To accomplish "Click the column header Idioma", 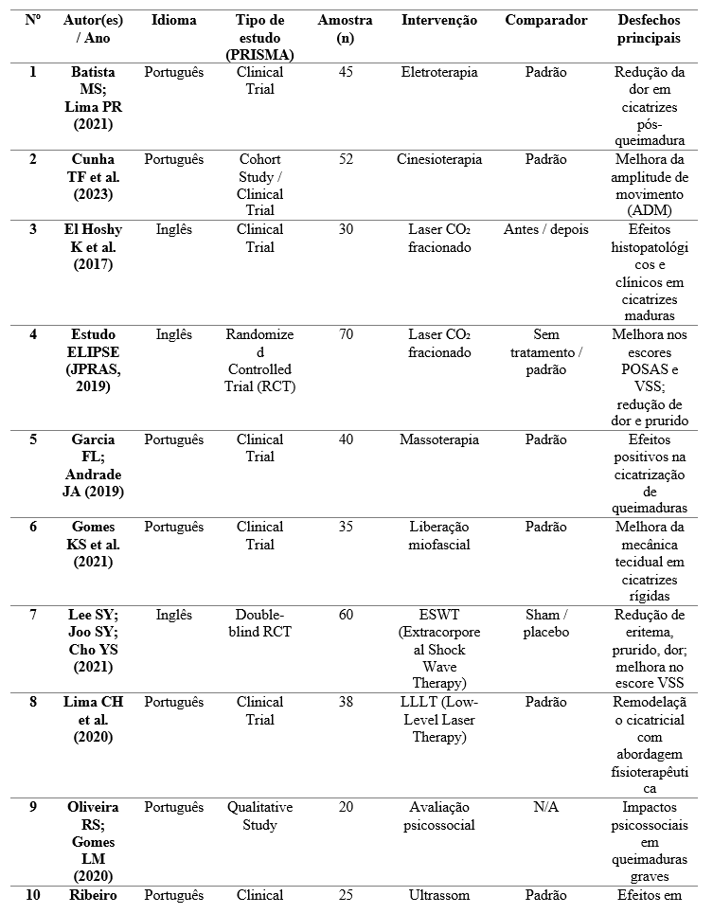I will (173, 20).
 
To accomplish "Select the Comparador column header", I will (545, 20).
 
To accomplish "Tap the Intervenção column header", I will (438, 20).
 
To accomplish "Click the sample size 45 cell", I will (346, 72).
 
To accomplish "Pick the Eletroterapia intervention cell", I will (438, 72).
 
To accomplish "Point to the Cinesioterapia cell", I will (438, 159).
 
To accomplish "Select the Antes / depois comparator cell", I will (545, 229).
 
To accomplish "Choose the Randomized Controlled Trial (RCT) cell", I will (259, 360).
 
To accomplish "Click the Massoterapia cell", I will (438, 439).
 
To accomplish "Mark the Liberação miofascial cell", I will (438, 535).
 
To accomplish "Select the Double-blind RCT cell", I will (259, 623).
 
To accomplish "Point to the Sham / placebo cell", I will (545, 623).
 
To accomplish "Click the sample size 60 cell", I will (346, 615).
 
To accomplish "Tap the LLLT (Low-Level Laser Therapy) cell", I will (438, 719).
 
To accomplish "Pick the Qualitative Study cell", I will (259, 815).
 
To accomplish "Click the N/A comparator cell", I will (545, 807).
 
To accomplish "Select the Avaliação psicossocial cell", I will (438, 815).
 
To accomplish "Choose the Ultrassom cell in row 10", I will (438, 894).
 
